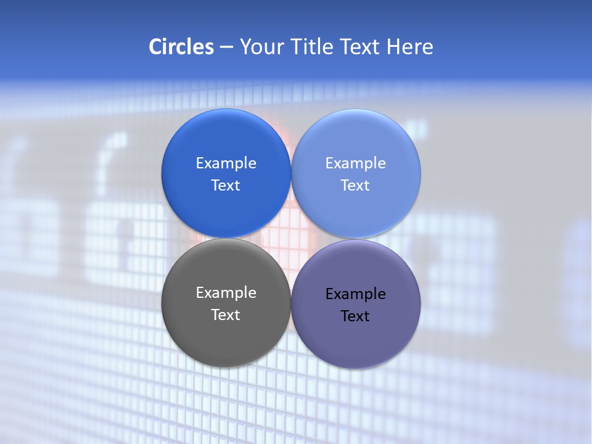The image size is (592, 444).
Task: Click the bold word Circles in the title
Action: (x=181, y=47)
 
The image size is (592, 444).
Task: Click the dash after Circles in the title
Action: (x=226, y=47)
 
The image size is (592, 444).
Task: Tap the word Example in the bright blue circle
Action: (x=226, y=163)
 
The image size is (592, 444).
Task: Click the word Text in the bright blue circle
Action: (x=226, y=185)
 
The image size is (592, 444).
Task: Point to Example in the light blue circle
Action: (x=355, y=163)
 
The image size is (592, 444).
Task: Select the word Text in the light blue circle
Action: (x=355, y=185)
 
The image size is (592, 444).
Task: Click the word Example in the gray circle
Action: (x=226, y=292)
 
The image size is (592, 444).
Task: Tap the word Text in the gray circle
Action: (x=226, y=314)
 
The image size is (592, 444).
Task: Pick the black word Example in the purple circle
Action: (x=355, y=294)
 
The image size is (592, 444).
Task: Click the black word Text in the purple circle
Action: (x=355, y=316)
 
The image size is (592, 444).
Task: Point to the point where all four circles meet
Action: (x=291, y=238)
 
